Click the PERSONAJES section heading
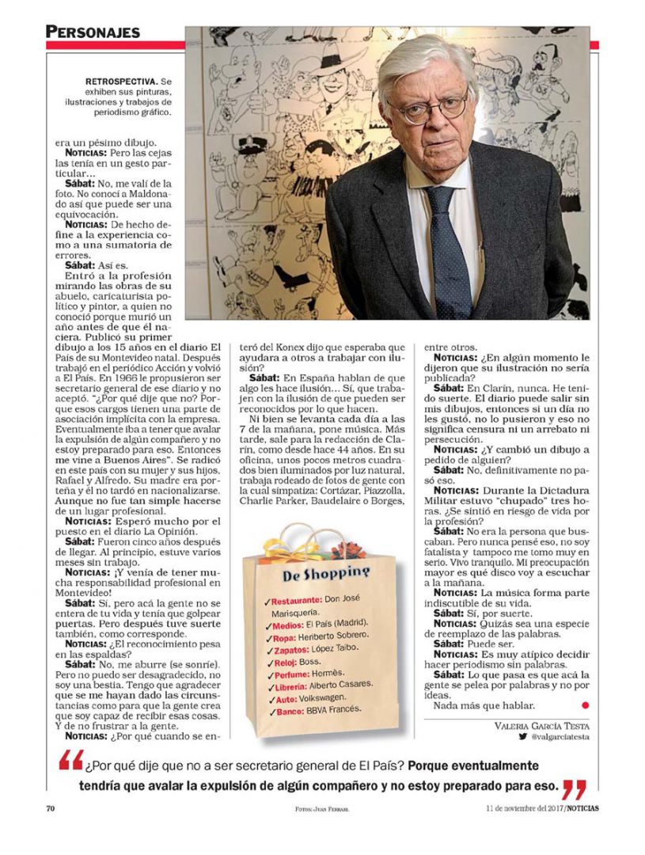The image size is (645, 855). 93,32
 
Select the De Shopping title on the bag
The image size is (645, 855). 326,572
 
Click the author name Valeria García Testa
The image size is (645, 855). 542,725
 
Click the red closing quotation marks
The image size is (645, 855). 575,788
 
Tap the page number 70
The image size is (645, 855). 50,808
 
